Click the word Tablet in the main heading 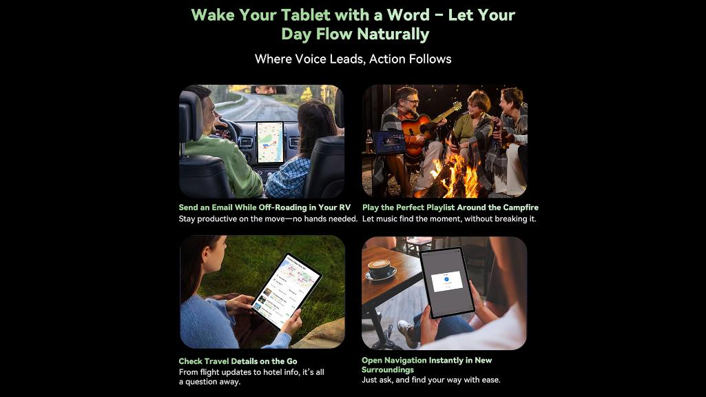coord(306,15)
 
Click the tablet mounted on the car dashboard coord(270,142)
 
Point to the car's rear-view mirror coord(269,90)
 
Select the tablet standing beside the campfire coord(389,142)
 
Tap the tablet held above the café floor coord(446,282)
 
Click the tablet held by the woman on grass coord(287,291)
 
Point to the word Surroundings coord(388,370)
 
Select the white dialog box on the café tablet coord(446,281)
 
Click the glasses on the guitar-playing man coord(411,102)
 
